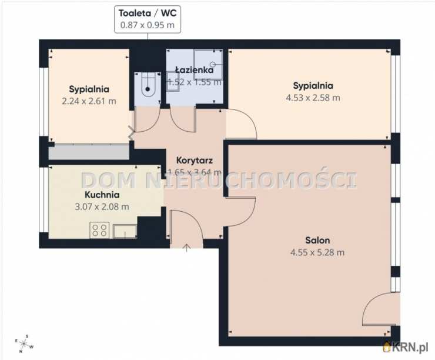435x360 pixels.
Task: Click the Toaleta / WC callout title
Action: point(148,13)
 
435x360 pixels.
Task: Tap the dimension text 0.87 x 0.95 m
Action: point(148,25)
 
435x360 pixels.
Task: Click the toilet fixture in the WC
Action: point(148,84)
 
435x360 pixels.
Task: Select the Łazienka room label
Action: point(195,69)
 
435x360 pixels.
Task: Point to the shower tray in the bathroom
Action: point(208,64)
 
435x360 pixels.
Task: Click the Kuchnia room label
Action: point(102,195)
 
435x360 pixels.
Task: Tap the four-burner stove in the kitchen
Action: point(99,230)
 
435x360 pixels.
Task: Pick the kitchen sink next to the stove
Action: point(125,232)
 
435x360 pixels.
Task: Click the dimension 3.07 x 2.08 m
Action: point(102,207)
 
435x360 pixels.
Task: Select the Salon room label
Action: point(317,240)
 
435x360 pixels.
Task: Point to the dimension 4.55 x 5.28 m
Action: point(317,252)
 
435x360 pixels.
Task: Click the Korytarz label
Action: point(195,161)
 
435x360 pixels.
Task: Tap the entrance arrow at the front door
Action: point(187,248)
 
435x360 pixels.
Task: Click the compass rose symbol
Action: point(25,344)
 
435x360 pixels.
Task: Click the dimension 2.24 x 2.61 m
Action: point(89,101)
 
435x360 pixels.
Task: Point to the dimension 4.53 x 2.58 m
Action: point(313,98)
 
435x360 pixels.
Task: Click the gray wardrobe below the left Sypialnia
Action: point(89,152)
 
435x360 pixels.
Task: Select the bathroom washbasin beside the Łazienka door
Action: point(173,81)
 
